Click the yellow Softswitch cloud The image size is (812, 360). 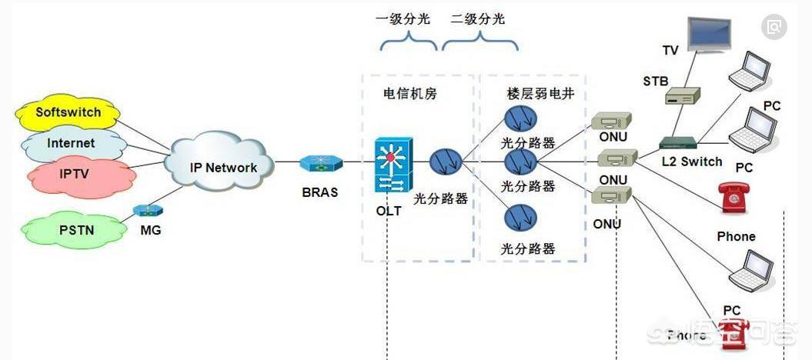69,113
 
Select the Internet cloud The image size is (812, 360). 71,143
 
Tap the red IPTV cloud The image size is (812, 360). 75,174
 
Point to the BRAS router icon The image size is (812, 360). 319,163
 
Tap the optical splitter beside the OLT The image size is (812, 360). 446,163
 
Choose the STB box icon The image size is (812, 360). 682,96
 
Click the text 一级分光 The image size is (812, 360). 403,19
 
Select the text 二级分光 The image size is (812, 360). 478,19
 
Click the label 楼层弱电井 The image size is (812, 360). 535,94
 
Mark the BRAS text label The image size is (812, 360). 319,192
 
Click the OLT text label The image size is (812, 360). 389,211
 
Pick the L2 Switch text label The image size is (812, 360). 692,162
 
